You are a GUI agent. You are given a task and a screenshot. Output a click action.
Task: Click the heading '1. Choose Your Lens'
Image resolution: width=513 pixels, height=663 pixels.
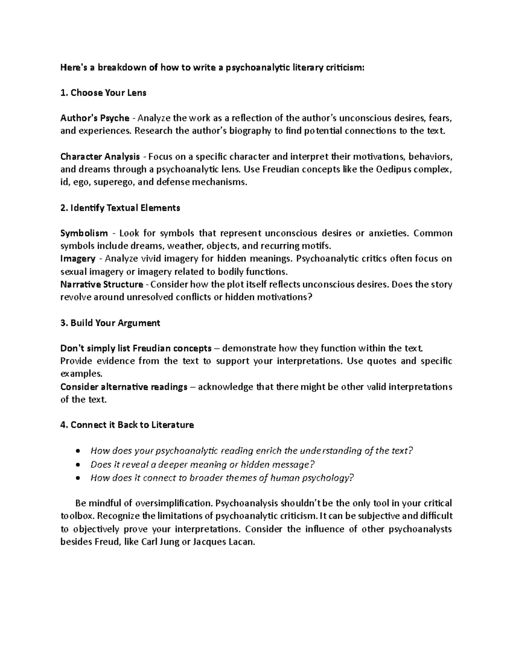103,93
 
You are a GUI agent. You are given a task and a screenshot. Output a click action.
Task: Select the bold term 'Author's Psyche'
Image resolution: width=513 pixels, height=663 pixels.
94,118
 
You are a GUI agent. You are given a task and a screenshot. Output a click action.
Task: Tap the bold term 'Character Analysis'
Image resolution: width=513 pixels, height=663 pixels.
100,156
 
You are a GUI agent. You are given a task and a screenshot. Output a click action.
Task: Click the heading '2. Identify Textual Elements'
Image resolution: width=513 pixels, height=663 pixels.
120,208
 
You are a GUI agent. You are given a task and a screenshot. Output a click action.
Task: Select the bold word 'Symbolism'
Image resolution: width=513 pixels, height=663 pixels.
84,233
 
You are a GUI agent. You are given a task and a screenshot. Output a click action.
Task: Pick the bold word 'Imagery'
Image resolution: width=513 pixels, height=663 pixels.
78,258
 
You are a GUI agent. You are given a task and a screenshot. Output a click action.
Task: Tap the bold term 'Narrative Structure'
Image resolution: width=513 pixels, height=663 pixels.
102,284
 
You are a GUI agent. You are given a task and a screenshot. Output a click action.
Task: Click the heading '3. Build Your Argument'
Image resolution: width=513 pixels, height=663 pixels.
110,323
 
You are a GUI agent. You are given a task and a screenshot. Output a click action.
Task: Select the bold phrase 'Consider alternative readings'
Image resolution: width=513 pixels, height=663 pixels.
124,387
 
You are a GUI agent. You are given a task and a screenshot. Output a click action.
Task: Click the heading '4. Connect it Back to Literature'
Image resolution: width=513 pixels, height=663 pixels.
127,425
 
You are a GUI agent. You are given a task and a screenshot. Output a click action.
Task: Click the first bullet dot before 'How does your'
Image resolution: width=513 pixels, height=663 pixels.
77,451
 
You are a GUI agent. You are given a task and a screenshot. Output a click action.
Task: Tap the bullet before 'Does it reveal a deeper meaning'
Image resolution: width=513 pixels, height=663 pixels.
77,464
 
